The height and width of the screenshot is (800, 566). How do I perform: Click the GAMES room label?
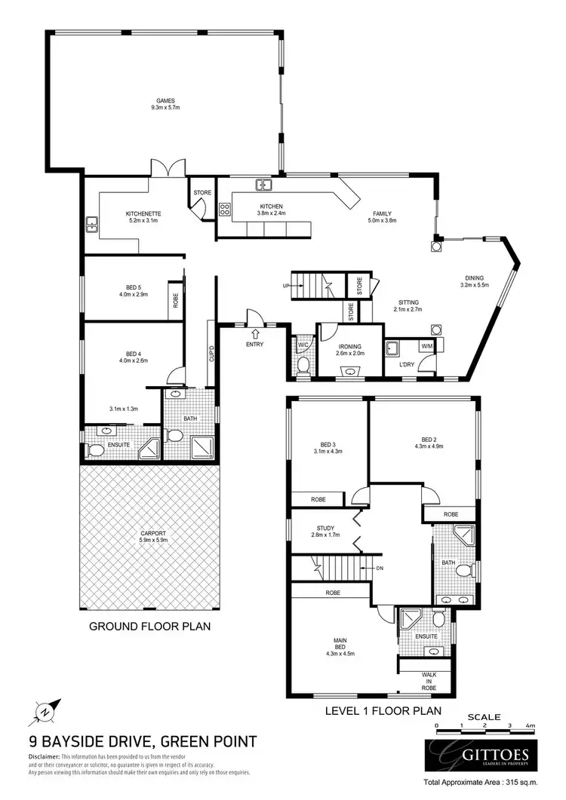[x=161, y=100]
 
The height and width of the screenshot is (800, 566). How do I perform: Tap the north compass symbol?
[x=45, y=710]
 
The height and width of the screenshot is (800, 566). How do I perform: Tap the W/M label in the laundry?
[x=426, y=346]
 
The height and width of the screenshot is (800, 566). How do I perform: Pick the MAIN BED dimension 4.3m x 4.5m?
[x=340, y=654]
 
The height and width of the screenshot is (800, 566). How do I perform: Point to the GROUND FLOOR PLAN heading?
[x=149, y=626]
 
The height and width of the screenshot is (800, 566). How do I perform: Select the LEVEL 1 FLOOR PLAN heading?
[x=383, y=710]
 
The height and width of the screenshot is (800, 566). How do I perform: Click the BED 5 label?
[x=123, y=287]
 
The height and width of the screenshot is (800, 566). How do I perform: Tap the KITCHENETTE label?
[x=144, y=213]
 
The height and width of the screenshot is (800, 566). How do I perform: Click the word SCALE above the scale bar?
[x=483, y=716]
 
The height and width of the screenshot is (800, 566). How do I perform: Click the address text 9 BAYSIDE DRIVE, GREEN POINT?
[x=143, y=742]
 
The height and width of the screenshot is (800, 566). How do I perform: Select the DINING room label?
[x=474, y=277]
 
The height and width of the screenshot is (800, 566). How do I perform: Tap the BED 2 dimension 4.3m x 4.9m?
[x=428, y=446]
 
